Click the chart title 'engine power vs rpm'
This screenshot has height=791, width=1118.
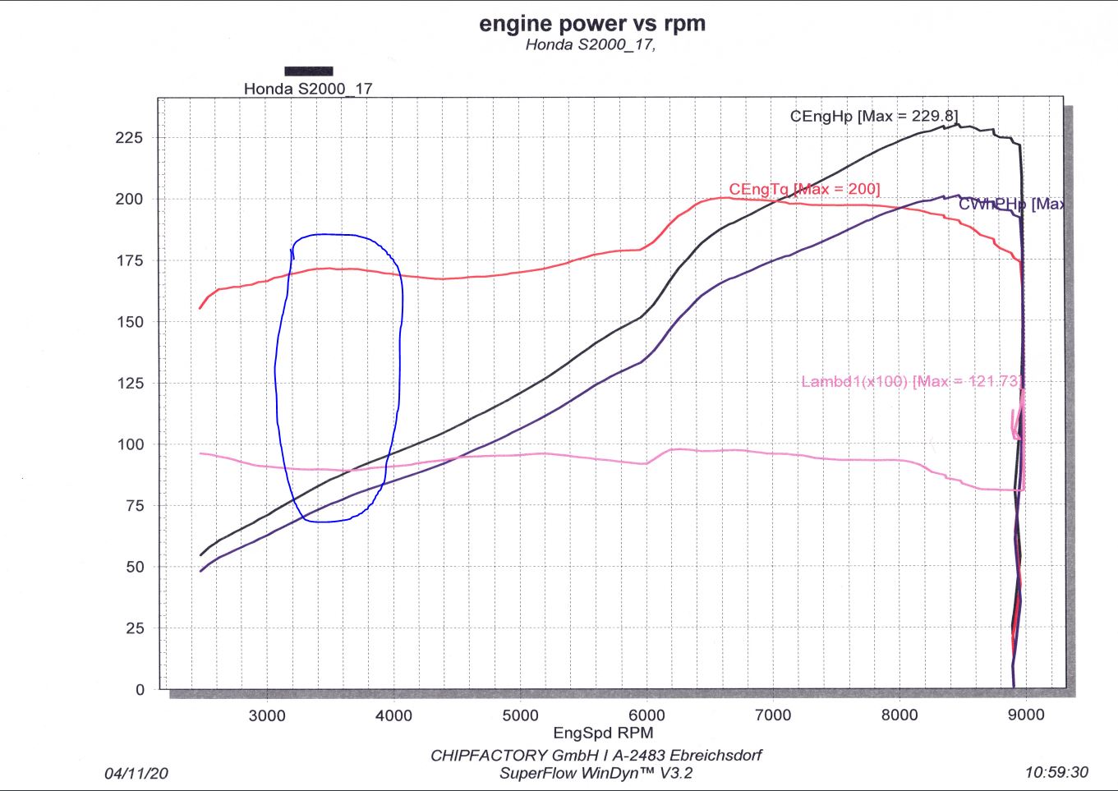click(x=592, y=24)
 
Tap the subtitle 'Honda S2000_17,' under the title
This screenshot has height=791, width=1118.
click(x=590, y=45)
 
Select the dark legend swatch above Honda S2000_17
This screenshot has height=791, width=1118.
click(x=309, y=71)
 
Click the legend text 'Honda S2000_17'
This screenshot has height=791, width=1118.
click(x=308, y=89)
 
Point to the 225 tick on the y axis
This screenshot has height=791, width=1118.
click(x=129, y=138)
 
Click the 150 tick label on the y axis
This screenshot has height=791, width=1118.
click(x=129, y=322)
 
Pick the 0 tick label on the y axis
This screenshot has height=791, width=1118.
click(x=140, y=690)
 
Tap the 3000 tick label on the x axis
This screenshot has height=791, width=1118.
click(x=267, y=715)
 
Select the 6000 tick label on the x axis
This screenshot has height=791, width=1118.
click(x=646, y=715)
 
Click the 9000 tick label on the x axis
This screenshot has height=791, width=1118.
click(x=1026, y=715)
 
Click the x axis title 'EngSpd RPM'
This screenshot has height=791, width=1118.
click(x=603, y=734)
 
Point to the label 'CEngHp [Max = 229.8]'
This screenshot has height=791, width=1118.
click(x=873, y=117)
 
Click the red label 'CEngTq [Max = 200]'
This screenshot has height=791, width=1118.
click(x=804, y=190)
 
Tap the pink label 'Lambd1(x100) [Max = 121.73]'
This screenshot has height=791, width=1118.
click(x=911, y=381)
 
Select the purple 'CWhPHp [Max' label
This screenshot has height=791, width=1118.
click(x=1011, y=204)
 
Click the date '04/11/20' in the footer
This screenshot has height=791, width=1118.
click(x=136, y=774)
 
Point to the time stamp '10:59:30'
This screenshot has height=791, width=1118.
click(x=1056, y=772)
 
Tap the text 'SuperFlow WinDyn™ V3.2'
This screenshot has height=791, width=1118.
click(x=596, y=774)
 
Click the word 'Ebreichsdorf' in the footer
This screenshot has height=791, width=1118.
click(x=715, y=756)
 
